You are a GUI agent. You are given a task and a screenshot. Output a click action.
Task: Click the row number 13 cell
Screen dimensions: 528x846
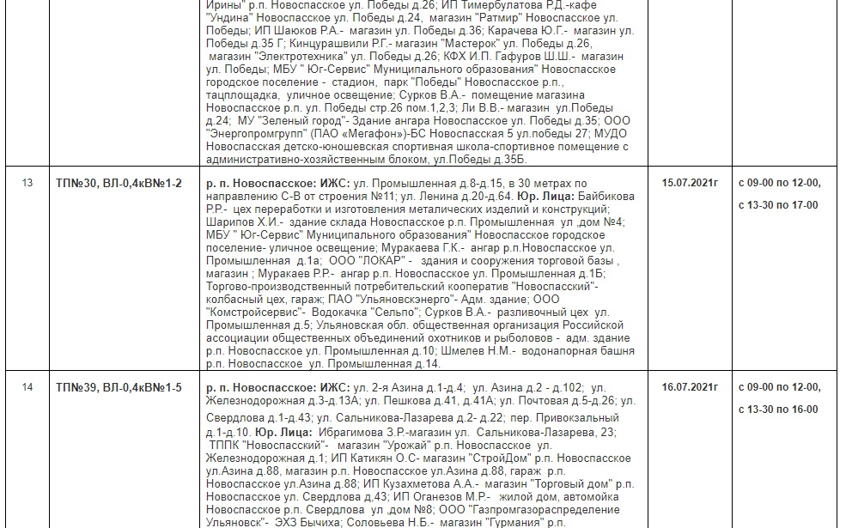click(27, 183)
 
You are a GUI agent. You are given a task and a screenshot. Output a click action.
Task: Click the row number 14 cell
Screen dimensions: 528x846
click(27, 387)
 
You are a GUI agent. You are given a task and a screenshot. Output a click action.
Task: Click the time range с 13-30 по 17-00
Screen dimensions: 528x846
click(778, 204)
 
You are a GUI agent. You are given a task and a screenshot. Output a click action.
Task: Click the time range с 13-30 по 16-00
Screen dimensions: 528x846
click(778, 409)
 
